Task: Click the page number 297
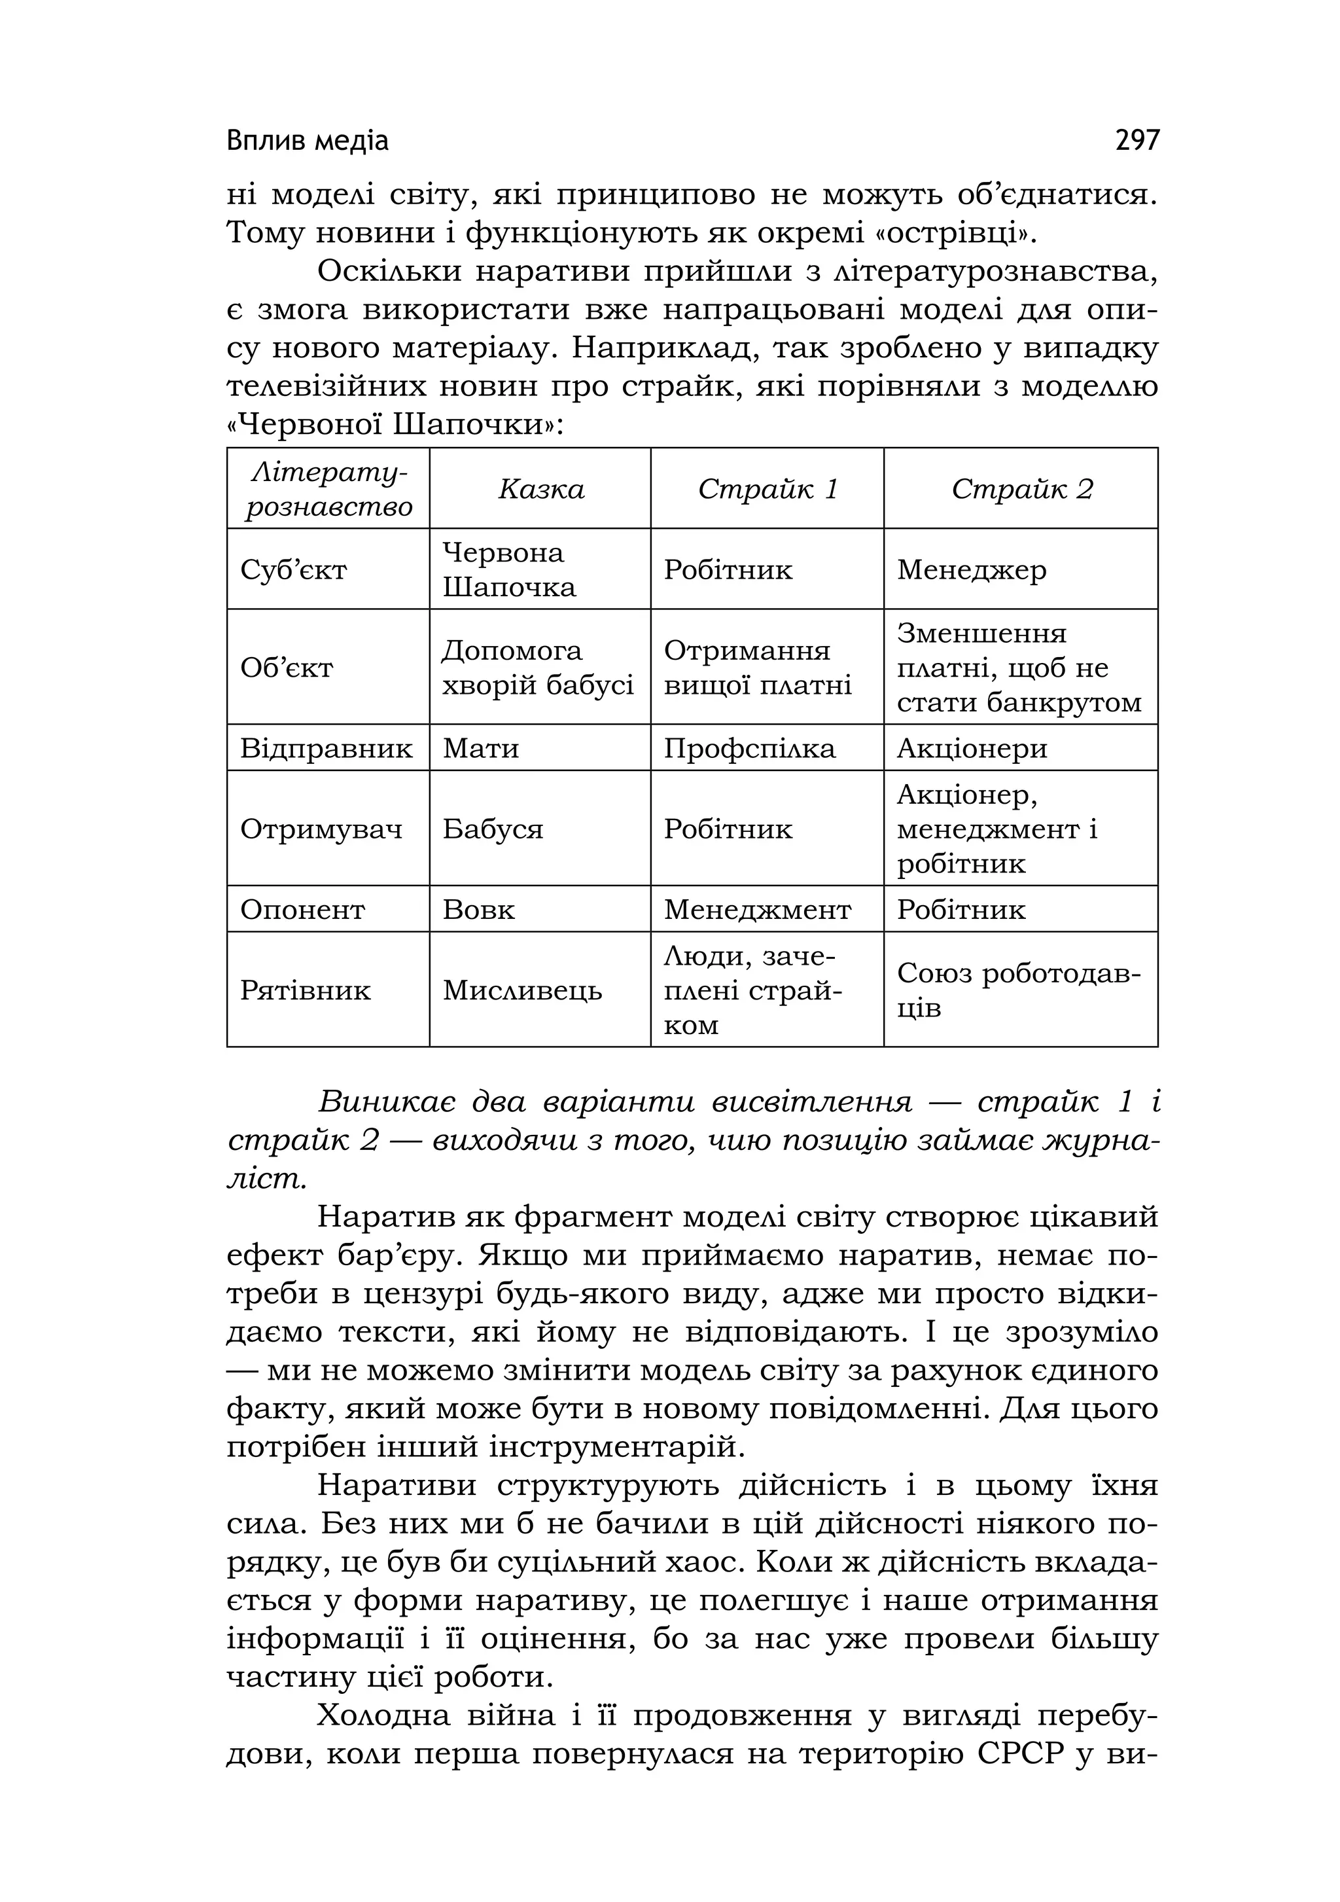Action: point(1137,140)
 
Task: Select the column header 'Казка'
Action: point(541,489)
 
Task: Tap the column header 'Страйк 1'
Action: point(767,489)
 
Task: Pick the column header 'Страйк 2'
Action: point(1022,489)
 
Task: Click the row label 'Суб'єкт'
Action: point(293,570)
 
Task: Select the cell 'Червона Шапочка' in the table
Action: point(508,570)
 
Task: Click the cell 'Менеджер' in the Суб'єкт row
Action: point(972,570)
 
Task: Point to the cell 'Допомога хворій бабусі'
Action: point(537,668)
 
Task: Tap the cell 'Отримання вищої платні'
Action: point(757,668)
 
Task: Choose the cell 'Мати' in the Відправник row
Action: point(480,749)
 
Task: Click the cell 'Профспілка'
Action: point(750,749)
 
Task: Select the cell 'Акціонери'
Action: point(972,749)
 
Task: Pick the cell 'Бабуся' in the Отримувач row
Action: point(493,829)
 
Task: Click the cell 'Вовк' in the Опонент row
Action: point(479,910)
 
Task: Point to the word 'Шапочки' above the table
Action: point(471,426)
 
